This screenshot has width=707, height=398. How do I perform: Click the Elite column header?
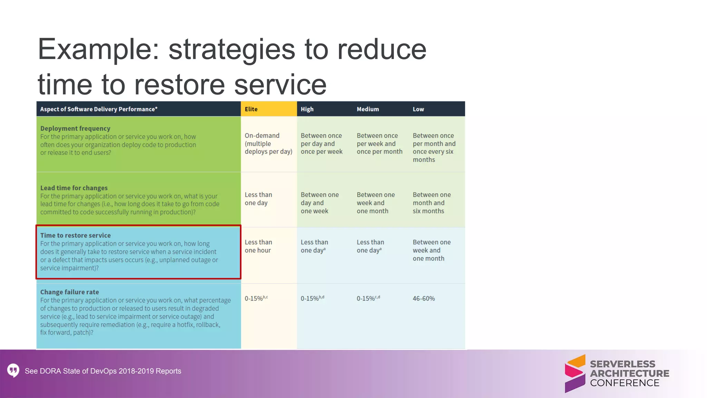click(251, 109)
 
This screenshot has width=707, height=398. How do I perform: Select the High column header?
click(307, 109)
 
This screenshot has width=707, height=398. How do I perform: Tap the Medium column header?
click(368, 109)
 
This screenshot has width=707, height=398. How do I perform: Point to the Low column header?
click(418, 109)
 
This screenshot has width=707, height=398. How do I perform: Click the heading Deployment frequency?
click(75, 129)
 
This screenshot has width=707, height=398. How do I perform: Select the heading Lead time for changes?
click(74, 188)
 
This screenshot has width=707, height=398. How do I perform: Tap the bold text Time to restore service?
click(75, 235)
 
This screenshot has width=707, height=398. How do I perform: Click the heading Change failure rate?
click(69, 292)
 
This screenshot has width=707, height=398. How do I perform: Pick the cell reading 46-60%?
click(424, 298)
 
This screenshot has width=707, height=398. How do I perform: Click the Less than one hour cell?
click(258, 246)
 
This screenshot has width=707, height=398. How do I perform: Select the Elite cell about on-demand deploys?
click(268, 144)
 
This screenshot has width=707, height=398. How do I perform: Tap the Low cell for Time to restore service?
click(432, 250)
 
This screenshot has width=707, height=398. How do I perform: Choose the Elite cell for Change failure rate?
click(256, 298)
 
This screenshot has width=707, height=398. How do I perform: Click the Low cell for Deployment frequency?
click(434, 148)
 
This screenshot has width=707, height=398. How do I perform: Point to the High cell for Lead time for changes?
click(319, 203)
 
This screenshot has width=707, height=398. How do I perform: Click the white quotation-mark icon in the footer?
click(13, 370)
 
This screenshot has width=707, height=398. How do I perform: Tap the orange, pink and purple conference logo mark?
click(575, 373)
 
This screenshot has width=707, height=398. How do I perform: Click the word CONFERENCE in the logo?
click(624, 383)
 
